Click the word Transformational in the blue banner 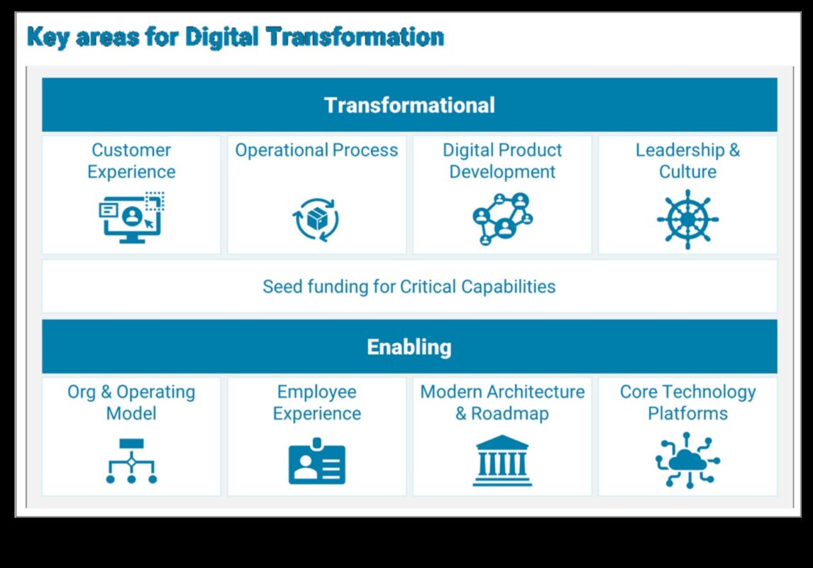pos(409,105)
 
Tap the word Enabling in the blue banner pos(409,347)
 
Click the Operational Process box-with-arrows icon pos(316,219)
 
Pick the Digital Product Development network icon pos(502,219)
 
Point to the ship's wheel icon pos(687,219)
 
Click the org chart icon pos(132,461)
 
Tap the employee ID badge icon pos(317,461)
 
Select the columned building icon pos(502,461)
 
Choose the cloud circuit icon pos(687,460)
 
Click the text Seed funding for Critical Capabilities pos(409,286)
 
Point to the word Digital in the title pos(222,38)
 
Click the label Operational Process pos(317,150)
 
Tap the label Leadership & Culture pos(687,160)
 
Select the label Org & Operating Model pos(131,403)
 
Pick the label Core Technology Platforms pos(687,403)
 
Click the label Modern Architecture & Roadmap pos(502,403)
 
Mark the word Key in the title pos(48,38)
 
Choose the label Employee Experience pos(317,403)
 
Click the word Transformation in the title pos(355,37)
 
